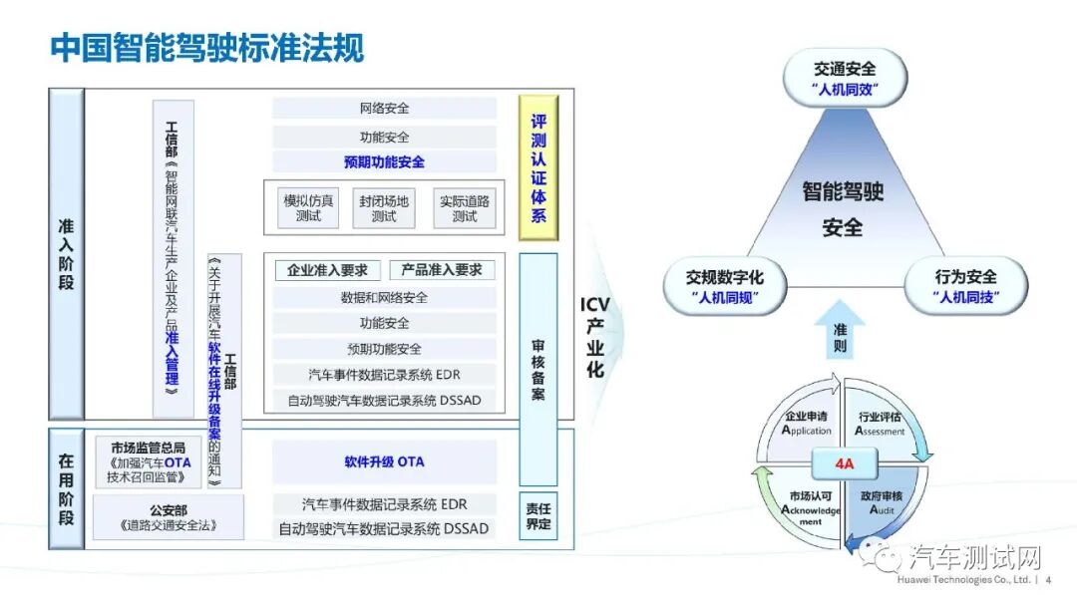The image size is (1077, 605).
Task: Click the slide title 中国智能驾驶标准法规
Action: point(207,48)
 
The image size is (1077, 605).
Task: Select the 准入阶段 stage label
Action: point(66,254)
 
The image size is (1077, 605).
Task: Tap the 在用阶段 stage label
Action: point(66,489)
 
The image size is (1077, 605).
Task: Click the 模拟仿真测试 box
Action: point(308,207)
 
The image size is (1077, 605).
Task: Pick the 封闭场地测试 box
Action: point(384,207)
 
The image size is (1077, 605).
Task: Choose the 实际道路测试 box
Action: point(465,207)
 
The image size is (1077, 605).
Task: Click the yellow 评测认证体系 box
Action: point(538,167)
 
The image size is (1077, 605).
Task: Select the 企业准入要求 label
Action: point(327,270)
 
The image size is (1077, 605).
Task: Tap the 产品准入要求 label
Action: point(442,270)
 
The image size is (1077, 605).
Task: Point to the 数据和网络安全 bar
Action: point(384,297)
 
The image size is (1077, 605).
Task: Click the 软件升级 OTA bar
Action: point(384,462)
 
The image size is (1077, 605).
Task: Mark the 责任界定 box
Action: point(538,515)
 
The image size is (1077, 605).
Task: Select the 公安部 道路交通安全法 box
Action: point(168,517)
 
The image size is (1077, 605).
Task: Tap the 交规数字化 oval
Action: point(725,286)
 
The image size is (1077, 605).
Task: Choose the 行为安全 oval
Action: point(964,286)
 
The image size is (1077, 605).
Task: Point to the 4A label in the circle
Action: point(843,463)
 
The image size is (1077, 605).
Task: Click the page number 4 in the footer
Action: point(1048,579)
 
